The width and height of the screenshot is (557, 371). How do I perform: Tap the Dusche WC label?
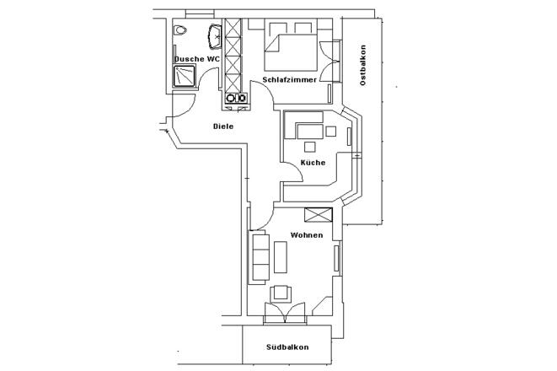point(197,59)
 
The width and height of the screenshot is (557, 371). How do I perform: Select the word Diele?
point(222,126)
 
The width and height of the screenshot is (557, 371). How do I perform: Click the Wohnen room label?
point(307,235)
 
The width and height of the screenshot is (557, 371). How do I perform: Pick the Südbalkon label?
point(287,347)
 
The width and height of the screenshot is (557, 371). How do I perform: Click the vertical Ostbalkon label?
point(363,66)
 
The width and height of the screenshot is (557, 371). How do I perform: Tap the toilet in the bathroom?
point(179,30)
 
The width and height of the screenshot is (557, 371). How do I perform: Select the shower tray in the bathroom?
point(184,77)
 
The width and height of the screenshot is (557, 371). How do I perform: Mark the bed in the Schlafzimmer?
point(292,46)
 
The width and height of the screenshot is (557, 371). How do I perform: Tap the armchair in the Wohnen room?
point(281,294)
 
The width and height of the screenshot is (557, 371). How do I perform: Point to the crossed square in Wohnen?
point(319,214)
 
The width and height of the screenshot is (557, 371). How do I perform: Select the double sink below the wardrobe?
point(235,99)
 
